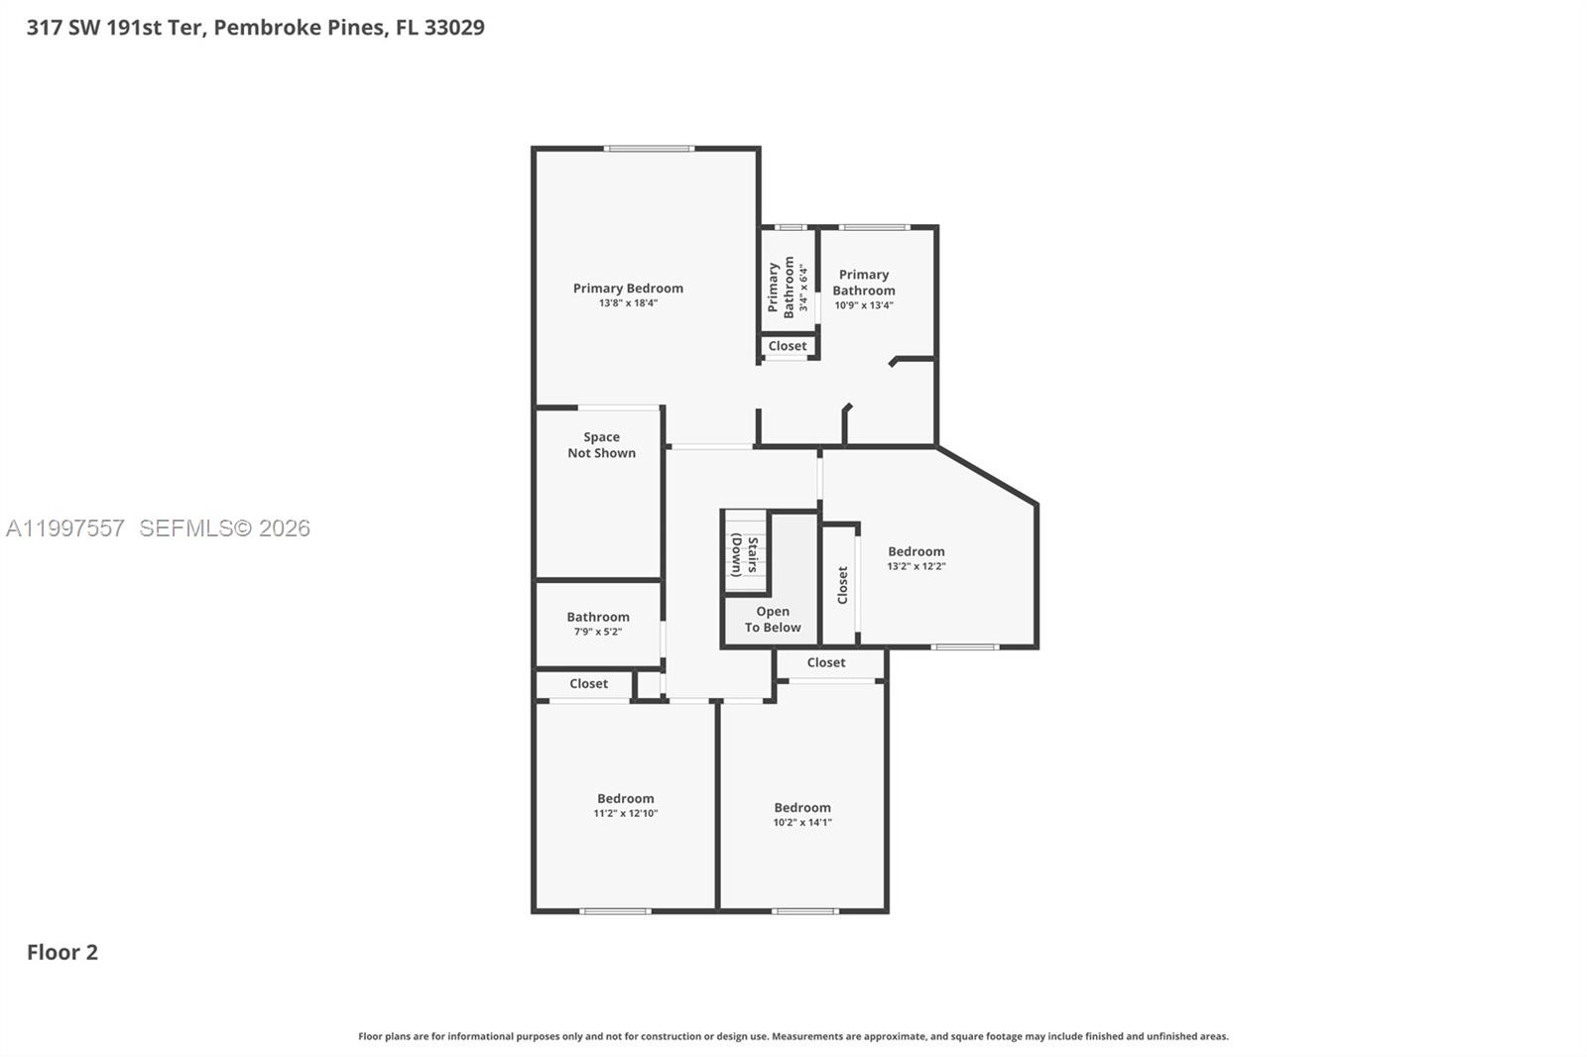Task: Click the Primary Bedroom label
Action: tap(628, 289)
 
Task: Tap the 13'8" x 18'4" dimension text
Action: tap(628, 303)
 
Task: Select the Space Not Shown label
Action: tap(601, 445)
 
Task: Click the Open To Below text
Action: tap(773, 620)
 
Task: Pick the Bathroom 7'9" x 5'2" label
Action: tap(598, 623)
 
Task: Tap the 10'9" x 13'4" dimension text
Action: tap(864, 305)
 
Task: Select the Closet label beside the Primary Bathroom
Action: tap(788, 346)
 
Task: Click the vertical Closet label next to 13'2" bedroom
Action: tap(842, 585)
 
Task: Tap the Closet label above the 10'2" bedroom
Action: tap(826, 662)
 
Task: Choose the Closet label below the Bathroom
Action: tap(588, 684)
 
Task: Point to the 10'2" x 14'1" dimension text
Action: tap(802, 822)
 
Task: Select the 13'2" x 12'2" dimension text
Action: tap(916, 566)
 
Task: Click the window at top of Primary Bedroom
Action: tap(649, 149)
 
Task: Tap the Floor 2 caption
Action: tap(62, 952)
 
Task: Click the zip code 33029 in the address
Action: tap(454, 27)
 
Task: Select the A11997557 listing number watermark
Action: tap(65, 528)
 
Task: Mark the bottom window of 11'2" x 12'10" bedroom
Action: tap(615, 910)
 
